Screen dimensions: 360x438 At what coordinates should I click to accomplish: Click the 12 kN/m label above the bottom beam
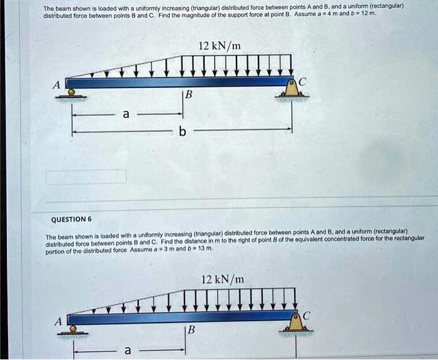[x=223, y=279]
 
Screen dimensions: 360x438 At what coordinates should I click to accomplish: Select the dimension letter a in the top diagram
[x=126, y=114]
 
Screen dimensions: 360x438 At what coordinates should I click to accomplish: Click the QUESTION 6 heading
[x=71, y=219]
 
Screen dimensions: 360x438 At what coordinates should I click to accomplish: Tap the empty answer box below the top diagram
[x=86, y=176]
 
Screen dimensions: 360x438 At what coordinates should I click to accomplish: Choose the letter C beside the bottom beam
[x=306, y=317]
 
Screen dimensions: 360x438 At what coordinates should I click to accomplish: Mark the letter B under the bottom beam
[x=192, y=330]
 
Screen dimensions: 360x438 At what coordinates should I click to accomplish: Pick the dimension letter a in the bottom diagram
[x=128, y=351]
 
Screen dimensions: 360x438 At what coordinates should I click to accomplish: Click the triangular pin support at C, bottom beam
[x=293, y=325]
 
